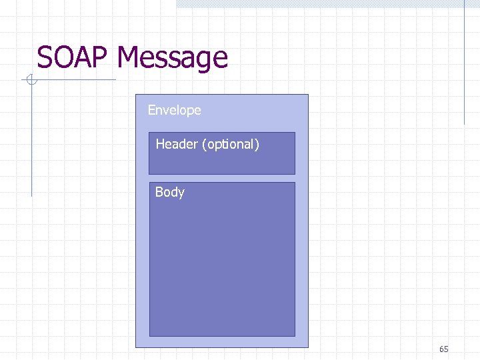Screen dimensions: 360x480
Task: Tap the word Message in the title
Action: [x=172, y=59]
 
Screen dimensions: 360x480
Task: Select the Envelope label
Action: [x=174, y=110]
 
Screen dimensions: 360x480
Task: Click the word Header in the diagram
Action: [x=176, y=144]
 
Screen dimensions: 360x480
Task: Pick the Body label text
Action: [x=169, y=192]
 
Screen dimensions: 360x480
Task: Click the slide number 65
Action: [x=444, y=349]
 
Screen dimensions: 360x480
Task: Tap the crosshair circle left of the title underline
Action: [x=31, y=81]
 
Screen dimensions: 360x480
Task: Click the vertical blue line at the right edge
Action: [x=464, y=63]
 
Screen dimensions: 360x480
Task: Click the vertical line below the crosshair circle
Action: [x=31, y=140]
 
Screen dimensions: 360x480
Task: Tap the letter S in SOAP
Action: [x=45, y=57]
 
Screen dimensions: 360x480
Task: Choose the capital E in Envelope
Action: [x=151, y=110]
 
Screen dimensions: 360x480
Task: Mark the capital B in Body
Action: [x=159, y=192]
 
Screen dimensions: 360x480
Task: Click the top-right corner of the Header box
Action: [x=295, y=133]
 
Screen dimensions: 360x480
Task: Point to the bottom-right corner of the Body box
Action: [x=295, y=336]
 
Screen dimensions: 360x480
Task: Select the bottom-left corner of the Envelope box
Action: [x=136, y=347]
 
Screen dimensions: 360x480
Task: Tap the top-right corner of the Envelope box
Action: [x=309, y=95]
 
